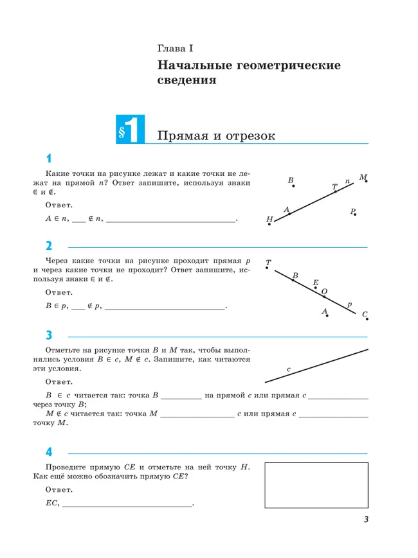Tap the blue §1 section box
[x=130, y=130]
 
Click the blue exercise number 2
[x=49, y=246]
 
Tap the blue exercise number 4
[x=49, y=452]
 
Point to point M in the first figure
[x=364, y=178]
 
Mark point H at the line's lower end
[x=271, y=220]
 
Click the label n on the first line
[x=347, y=182]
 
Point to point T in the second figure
[x=268, y=263]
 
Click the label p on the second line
[x=349, y=304]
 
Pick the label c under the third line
[x=289, y=370]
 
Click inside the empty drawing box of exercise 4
[x=316, y=485]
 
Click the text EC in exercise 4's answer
[x=51, y=503]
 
